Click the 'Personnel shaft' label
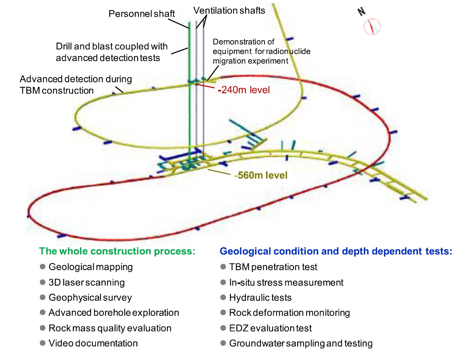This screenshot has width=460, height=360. point(141,14)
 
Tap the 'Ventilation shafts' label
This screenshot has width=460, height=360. point(229,11)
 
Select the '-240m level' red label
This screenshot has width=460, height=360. point(244,90)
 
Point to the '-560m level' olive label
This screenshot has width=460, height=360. point(261,175)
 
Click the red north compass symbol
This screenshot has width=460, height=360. point(372,27)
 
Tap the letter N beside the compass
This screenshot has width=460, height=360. point(361,12)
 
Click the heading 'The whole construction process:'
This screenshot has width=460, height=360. point(117,251)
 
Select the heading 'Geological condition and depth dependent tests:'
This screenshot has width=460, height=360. point(335,251)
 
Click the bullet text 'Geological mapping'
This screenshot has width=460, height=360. point(91,267)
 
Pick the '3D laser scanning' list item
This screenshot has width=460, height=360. point(87,282)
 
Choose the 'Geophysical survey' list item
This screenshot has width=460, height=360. point(90,298)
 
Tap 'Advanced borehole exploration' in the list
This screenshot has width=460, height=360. point(114,312)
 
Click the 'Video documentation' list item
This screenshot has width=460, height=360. point(93,343)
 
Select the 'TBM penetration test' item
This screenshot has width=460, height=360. point(273,267)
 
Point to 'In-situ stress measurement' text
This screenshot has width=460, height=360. point(286,282)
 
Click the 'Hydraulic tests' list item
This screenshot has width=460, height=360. point(260,298)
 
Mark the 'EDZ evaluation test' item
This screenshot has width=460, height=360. point(270,328)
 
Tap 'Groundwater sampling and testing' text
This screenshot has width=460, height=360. point(301,343)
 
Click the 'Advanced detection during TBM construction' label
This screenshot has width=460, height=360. point(76,85)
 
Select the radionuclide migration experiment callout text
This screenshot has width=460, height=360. point(261,51)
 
